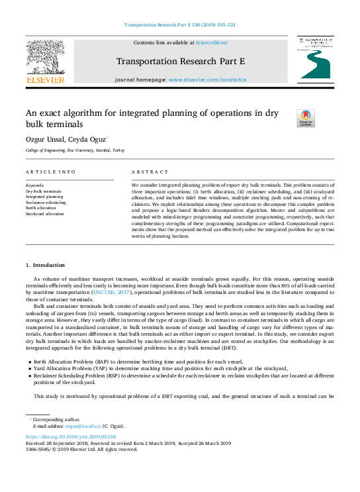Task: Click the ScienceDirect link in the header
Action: coord(212,42)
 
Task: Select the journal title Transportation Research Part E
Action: coord(181,62)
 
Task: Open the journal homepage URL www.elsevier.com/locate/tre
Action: coord(207,79)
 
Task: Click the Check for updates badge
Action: coord(306,119)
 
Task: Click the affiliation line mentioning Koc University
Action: coord(74,150)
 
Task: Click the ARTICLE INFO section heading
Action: coord(46,172)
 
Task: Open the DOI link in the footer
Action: coord(70,437)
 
